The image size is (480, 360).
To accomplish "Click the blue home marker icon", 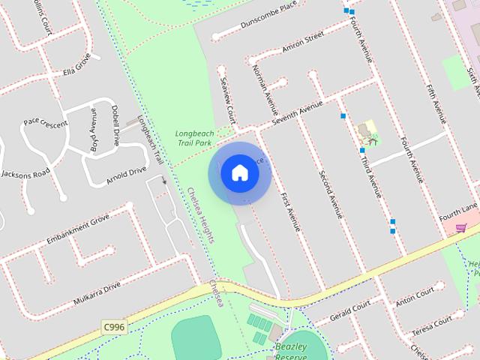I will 239,172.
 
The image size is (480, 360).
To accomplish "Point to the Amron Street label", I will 302,43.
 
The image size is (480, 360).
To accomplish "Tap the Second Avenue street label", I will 331,194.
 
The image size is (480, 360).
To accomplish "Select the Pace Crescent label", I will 45,121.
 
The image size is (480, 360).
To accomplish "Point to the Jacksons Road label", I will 25,174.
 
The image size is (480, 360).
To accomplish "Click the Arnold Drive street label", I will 126,174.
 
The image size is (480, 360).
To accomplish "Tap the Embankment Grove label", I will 78,231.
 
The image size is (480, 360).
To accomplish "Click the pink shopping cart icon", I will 461,229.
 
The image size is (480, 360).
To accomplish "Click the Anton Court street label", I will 415,296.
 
